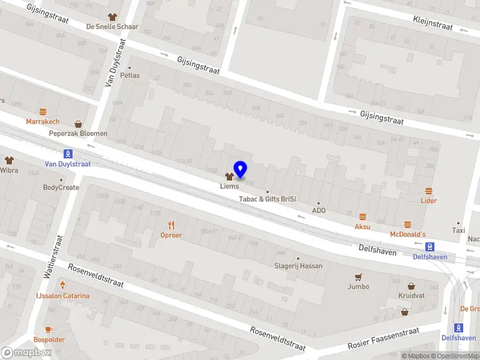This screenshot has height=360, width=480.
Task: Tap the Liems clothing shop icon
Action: coord(229,176)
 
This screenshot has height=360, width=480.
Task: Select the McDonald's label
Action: coord(408,234)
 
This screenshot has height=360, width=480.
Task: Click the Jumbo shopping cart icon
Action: coord(358,277)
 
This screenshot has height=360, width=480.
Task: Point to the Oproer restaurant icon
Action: coord(171,225)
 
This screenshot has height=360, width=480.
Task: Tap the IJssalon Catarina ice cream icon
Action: coord(62,286)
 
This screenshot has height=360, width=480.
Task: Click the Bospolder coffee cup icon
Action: coord(49,329)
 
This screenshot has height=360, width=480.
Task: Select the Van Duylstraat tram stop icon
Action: coord(68,153)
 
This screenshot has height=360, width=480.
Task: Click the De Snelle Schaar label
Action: coord(112,26)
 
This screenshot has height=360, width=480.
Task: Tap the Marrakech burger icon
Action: coord(43,112)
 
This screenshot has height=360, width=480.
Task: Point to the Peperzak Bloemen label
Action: coord(78,133)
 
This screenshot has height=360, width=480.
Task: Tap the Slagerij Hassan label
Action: coord(298,266)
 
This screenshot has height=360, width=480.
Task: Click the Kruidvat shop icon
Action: coord(412,286)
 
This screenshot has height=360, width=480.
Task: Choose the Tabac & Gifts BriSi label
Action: coord(268,199)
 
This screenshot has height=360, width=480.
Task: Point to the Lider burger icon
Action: coord(428,191)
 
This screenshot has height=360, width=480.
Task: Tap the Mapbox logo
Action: coord(26,352)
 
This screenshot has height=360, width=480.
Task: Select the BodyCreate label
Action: coord(61,187)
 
